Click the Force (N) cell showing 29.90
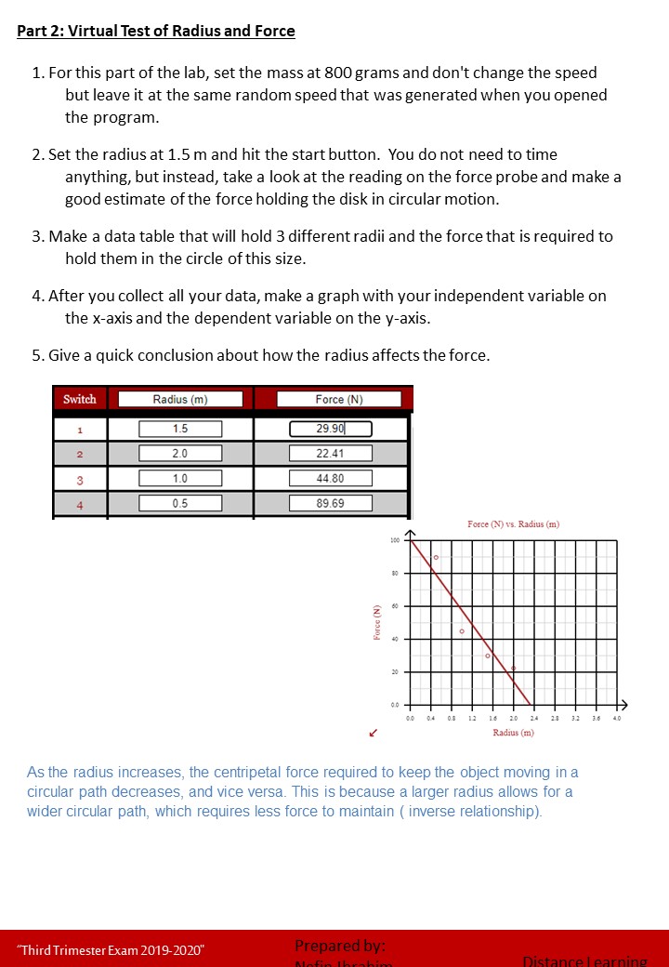(330, 429)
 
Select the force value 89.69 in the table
(330, 503)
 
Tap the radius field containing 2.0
(180, 454)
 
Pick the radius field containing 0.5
(180, 503)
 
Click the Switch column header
(80, 399)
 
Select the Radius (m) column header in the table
(180, 399)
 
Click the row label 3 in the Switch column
(80, 479)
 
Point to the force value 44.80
(330, 479)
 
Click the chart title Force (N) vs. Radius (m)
(513, 524)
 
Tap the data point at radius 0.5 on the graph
(435, 557)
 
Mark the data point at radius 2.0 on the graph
(513, 668)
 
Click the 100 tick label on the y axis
(395, 540)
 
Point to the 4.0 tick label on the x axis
(617, 718)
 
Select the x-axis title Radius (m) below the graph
(513, 733)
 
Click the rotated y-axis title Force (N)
(377, 621)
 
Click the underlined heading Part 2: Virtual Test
(156, 32)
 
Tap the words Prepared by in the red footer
(339, 946)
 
